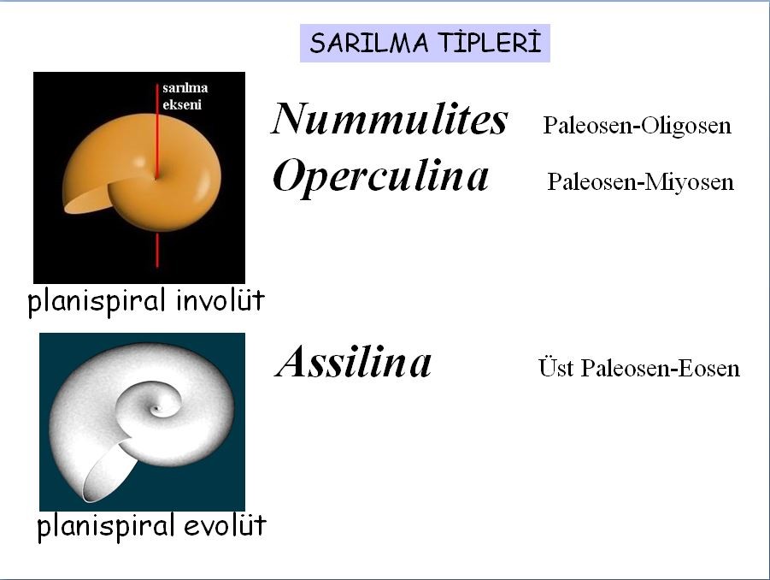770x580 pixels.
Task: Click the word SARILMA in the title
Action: tap(369, 43)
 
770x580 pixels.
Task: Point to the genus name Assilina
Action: tap(353, 362)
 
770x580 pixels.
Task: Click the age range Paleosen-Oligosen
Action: tap(637, 126)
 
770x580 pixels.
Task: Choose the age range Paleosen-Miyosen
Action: tap(640, 182)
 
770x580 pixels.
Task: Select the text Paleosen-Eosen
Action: tap(660, 368)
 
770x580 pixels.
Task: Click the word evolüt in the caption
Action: tap(225, 525)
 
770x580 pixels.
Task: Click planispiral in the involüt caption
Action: tap(97, 301)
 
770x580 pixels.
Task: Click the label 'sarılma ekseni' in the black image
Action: tap(185, 96)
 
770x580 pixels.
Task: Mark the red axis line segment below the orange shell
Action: tap(157, 250)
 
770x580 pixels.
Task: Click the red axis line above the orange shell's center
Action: tap(157, 131)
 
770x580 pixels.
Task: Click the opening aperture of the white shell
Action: tap(109, 471)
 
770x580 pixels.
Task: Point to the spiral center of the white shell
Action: tap(157, 408)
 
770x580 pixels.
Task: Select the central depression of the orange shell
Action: tap(156, 176)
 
